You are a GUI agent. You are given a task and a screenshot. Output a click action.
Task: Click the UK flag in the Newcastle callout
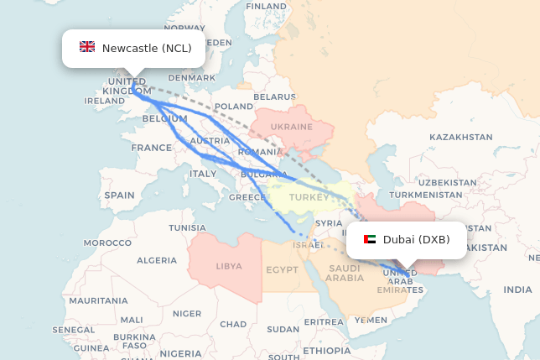tap(87, 48)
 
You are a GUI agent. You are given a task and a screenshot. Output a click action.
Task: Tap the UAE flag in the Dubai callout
tap(370, 240)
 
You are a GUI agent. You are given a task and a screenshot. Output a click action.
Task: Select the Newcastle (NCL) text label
tap(147, 48)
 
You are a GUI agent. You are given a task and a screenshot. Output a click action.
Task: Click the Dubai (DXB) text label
tap(416, 240)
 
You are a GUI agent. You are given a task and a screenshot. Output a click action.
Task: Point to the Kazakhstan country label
tap(460, 137)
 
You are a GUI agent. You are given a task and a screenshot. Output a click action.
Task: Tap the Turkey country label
tap(309, 198)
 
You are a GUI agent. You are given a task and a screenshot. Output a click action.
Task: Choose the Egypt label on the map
tap(282, 270)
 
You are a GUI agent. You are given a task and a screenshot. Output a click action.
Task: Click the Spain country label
tap(120, 196)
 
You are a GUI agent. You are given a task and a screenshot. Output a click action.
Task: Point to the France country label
tap(151, 148)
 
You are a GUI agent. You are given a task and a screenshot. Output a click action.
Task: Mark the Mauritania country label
tap(98, 300)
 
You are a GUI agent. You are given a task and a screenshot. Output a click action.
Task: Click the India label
tap(517, 290)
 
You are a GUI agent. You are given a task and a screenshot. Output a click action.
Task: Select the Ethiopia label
tap(327, 350)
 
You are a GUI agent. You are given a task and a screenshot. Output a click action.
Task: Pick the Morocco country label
tap(107, 243)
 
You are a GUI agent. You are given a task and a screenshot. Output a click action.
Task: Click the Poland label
tap(233, 107)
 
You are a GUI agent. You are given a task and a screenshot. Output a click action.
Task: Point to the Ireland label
tap(104, 101)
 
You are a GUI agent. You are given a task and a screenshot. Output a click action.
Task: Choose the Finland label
tap(266, 6)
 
